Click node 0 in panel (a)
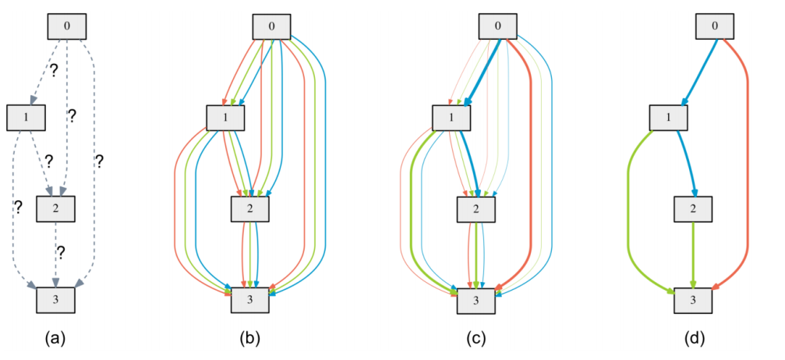click(x=66, y=26)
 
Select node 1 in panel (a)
click(x=25, y=117)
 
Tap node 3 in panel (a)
click(x=55, y=298)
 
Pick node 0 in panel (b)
click(x=271, y=26)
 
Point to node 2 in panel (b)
click(x=249, y=208)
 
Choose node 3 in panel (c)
click(x=476, y=298)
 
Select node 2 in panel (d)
click(x=693, y=208)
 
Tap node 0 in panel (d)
click(x=715, y=26)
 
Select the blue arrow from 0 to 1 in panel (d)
click(x=699, y=70)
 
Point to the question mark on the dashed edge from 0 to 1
click(x=53, y=70)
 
